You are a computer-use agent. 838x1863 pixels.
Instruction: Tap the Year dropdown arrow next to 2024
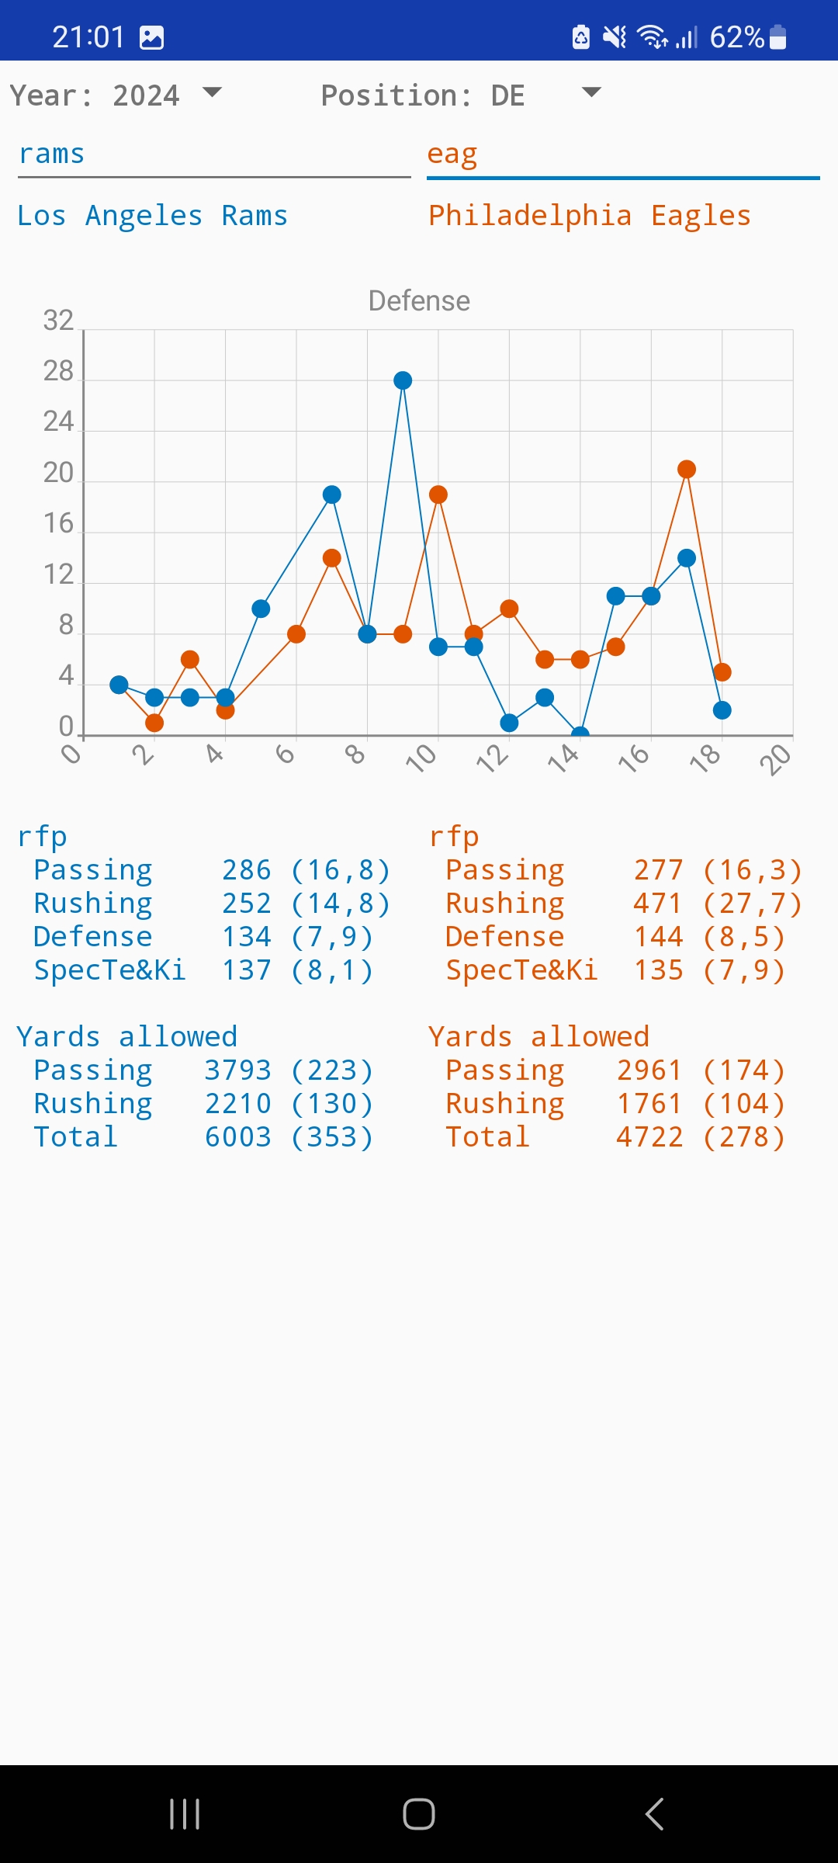click(212, 93)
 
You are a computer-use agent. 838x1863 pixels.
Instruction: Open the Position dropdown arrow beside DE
click(591, 93)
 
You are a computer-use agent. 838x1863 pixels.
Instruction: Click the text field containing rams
click(213, 155)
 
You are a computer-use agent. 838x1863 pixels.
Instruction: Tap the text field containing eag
click(622, 155)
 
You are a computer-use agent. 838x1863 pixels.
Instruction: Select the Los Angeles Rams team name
click(152, 216)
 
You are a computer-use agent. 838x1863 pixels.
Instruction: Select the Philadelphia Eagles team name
click(590, 216)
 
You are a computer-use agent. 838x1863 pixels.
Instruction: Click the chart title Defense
click(419, 301)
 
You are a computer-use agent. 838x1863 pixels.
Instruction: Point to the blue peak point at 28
click(403, 380)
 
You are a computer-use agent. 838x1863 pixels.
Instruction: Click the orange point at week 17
click(687, 469)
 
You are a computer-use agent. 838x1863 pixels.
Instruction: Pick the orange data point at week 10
click(438, 494)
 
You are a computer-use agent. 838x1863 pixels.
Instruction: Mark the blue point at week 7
click(332, 494)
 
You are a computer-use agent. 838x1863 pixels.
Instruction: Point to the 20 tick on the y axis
click(58, 473)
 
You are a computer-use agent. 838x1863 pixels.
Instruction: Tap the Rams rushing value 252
click(247, 904)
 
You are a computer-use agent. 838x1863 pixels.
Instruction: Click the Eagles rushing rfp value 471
click(659, 904)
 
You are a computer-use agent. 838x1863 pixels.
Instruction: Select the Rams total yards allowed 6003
click(238, 1137)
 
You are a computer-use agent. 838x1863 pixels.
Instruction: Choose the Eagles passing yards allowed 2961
click(649, 1070)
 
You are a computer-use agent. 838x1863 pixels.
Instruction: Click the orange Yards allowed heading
click(538, 1037)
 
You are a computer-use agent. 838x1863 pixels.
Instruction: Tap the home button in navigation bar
click(419, 1814)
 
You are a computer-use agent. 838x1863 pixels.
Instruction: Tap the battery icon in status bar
click(779, 37)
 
